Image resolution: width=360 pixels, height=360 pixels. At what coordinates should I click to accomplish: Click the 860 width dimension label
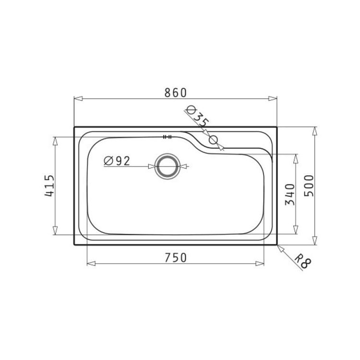click(176, 93)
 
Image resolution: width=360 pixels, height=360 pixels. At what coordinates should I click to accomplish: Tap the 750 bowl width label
click(176, 258)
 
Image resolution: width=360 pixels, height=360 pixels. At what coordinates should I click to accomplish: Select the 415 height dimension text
click(49, 185)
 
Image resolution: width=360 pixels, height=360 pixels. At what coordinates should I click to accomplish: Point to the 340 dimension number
click(289, 194)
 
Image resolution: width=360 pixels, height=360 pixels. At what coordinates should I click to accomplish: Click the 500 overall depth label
click(309, 185)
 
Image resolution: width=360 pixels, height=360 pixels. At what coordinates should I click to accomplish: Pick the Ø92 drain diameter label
click(117, 161)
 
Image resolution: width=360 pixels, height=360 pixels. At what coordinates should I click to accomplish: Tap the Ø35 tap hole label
click(198, 117)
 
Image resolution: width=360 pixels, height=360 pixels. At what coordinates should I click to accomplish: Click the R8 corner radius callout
click(303, 261)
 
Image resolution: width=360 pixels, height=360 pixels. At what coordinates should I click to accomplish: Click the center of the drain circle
click(168, 166)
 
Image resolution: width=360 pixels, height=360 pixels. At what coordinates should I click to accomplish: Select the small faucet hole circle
click(213, 140)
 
